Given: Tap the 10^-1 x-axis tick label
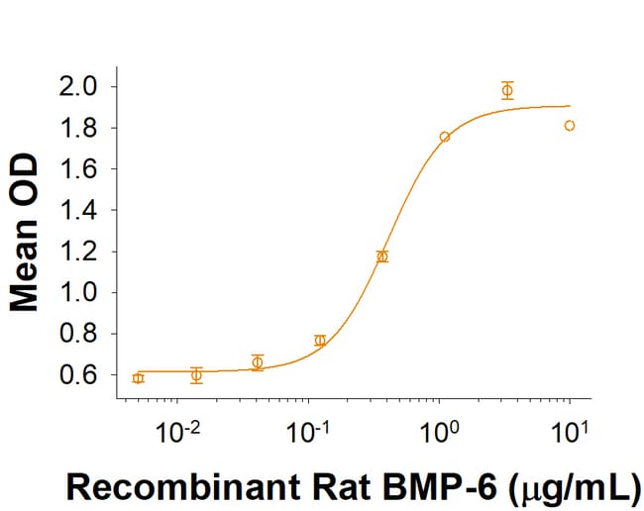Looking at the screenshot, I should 308,433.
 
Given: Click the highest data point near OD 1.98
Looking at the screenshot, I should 507,91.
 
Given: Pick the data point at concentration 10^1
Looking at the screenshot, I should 570,126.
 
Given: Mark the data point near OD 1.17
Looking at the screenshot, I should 382,256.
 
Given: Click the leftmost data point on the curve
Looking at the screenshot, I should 138,378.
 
